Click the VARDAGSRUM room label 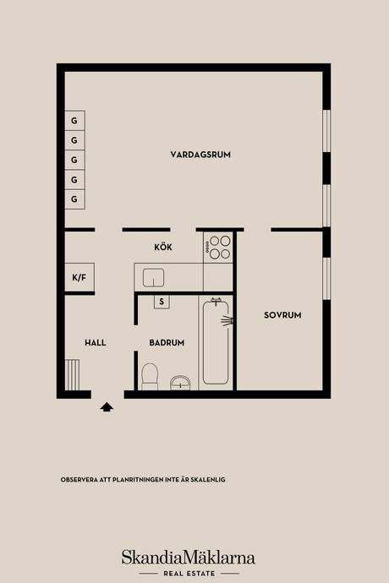pos(200,155)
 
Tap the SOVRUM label pos(282,315)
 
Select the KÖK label pos(163,247)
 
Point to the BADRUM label pos(167,343)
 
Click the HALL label pos(96,343)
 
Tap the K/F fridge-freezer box pos(79,277)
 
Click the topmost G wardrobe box pos(74,121)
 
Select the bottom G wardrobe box pos(74,199)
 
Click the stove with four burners pos(218,248)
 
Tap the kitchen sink pos(154,278)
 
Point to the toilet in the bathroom pos(150,377)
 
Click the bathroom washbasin pos(180,383)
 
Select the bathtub pos(216,342)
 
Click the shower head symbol pos(227,320)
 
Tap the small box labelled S pos(162,302)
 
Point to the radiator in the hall pos(72,375)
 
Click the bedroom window pos(326,279)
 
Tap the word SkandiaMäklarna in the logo pos(189,558)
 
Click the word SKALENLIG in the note pos(208,480)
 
